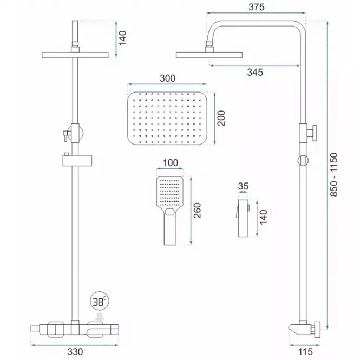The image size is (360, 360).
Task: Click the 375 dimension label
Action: (x=257, y=7)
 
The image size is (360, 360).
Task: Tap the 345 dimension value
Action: (x=255, y=73)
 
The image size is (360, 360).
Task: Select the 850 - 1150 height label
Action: (x=334, y=175)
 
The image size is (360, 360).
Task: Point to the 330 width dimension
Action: (x=75, y=351)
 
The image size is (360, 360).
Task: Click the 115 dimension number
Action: (x=305, y=351)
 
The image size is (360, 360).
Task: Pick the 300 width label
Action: (x=168, y=78)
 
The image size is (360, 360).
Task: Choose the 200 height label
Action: (x=221, y=118)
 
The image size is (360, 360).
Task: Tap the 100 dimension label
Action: (x=171, y=163)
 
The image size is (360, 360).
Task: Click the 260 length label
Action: (x=197, y=211)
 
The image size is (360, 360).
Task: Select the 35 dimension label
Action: (x=244, y=186)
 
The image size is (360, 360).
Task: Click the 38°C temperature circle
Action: (x=100, y=301)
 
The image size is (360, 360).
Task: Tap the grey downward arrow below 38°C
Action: (x=100, y=318)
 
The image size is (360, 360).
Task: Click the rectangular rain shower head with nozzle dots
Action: (x=167, y=118)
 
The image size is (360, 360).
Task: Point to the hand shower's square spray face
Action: (x=169, y=192)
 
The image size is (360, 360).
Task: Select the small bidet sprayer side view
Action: (x=243, y=218)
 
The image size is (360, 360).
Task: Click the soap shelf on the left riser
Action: (x=77, y=160)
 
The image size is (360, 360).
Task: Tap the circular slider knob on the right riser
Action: (x=303, y=160)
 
